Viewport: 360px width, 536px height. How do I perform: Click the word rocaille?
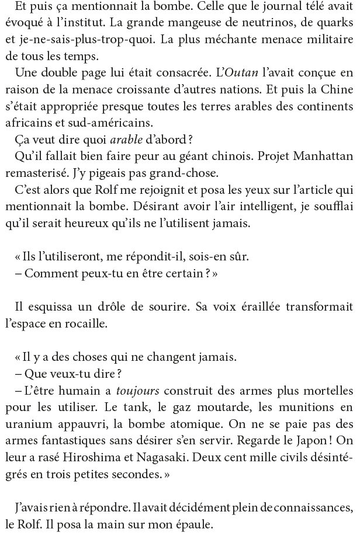pos(91,322)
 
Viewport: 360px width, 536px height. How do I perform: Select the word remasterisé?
pos(42,173)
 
